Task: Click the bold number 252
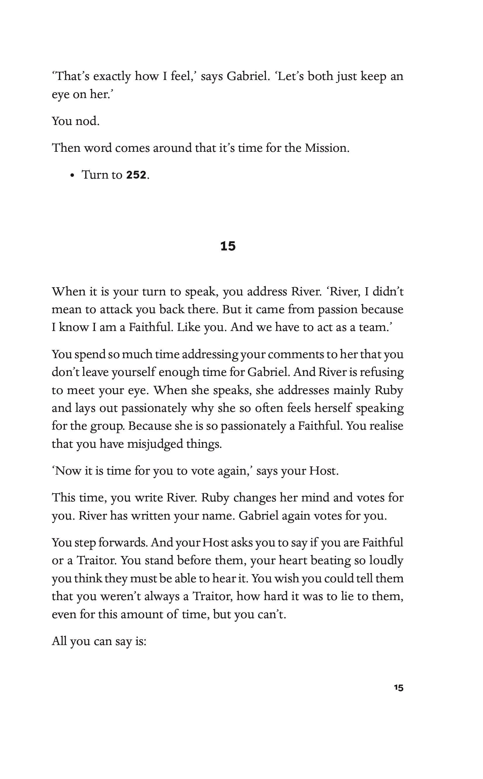[x=136, y=175]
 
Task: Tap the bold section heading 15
[x=228, y=246]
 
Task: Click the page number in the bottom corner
[x=399, y=697]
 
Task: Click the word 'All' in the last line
[x=59, y=641]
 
